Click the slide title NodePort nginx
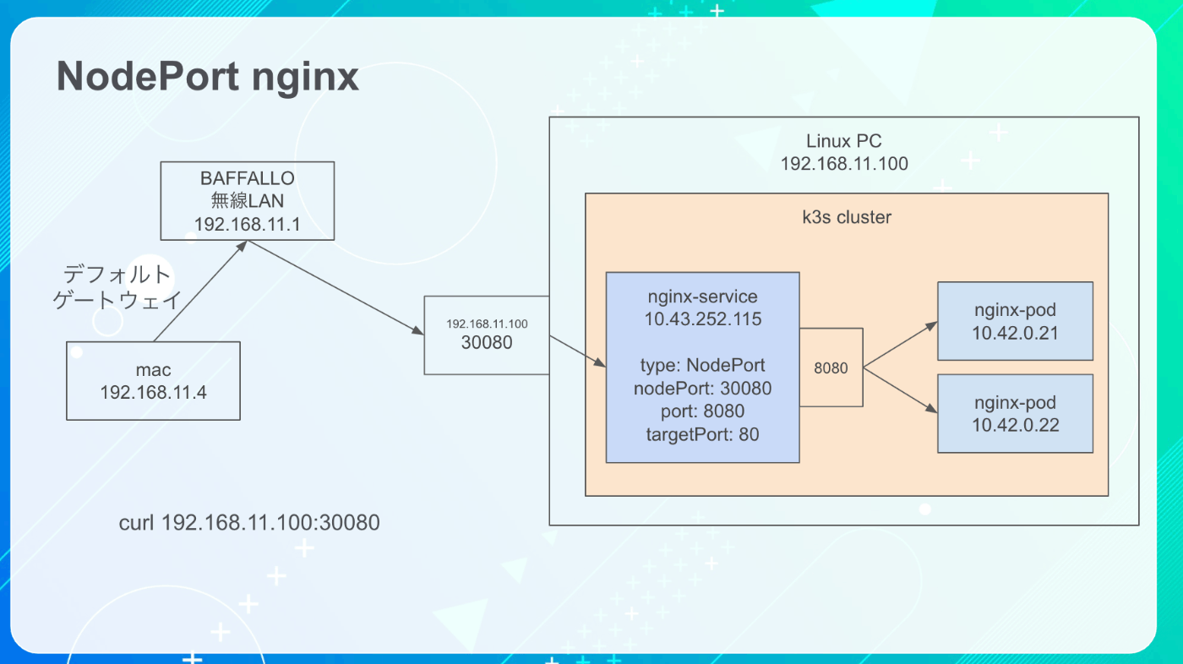tap(208, 78)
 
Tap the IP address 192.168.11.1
tap(247, 225)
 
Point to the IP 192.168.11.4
tap(153, 392)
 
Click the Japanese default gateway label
tap(117, 287)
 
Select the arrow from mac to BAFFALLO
tap(200, 291)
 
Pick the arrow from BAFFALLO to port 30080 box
tap(336, 288)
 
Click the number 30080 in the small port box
tap(487, 342)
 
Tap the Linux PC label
tap(844, 141)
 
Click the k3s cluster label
tap(847, 217)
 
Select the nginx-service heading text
tap(702, 297)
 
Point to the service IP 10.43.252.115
tap(702, 318)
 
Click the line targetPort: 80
tap(702, 434)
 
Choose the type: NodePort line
tap(702, 365)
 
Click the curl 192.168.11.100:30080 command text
tap(249, 523)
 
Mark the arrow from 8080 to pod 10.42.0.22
tap(901, 390)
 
